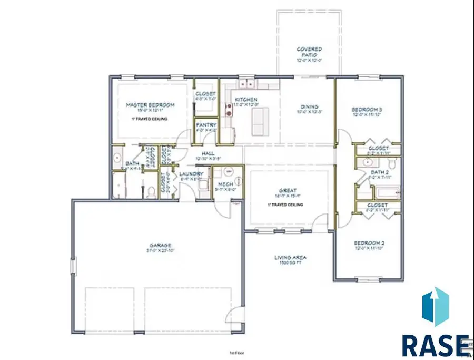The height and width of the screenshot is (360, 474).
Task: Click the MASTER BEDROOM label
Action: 150,105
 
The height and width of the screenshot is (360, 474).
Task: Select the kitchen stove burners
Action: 229,110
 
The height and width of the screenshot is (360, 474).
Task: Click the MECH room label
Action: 226,184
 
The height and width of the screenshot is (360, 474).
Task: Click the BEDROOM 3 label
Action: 367,110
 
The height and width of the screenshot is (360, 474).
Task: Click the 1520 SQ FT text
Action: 290,262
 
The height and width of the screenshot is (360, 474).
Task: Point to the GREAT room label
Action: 288,191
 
